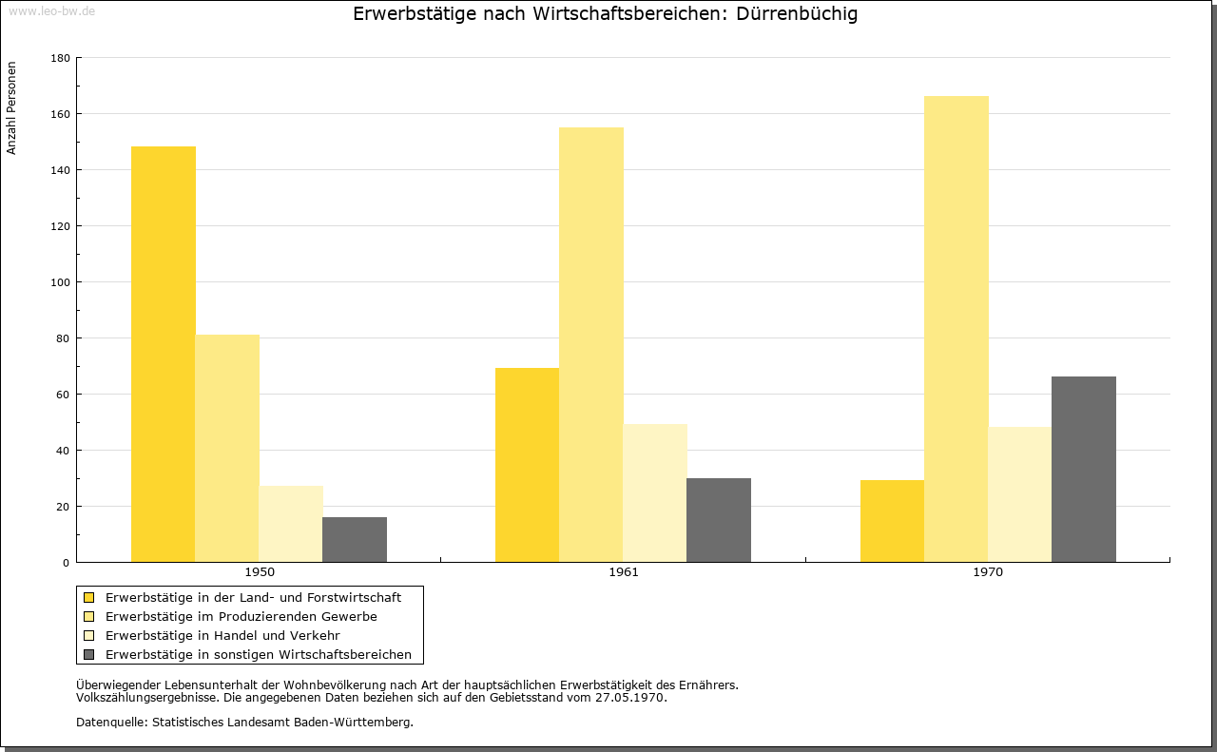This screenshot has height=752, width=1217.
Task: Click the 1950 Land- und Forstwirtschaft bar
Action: pos(163,355)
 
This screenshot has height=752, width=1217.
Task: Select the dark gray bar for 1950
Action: pos(355,540)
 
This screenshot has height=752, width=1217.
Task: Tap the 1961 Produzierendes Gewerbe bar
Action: pos(591,344)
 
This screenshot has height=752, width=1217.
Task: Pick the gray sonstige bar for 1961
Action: pos(719,520)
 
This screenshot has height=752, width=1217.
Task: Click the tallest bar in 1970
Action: pos(956,329)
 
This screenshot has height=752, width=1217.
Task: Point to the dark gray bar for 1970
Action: pos(1084,469)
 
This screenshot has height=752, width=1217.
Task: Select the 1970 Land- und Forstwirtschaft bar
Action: pos(892,521)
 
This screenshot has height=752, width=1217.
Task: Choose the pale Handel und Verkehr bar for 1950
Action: pos(291,524)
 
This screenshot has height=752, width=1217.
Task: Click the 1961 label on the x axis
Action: pos(624,572)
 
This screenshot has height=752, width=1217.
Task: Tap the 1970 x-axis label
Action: pos(988,572)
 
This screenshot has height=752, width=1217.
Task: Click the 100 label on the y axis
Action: pos(60,282)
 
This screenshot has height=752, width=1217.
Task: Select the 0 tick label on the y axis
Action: pos(66,563)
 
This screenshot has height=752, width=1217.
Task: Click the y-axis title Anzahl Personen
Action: pos(11,108)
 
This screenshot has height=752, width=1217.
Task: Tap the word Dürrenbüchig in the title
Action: pos(797,14)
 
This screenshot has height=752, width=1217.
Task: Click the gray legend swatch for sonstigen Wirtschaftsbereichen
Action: pos(89,655)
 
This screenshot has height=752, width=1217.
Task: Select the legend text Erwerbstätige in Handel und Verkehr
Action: pos(222,636)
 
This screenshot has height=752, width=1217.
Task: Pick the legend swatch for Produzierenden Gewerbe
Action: pos(89,617)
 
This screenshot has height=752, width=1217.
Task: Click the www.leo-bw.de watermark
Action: pos(52,10)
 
